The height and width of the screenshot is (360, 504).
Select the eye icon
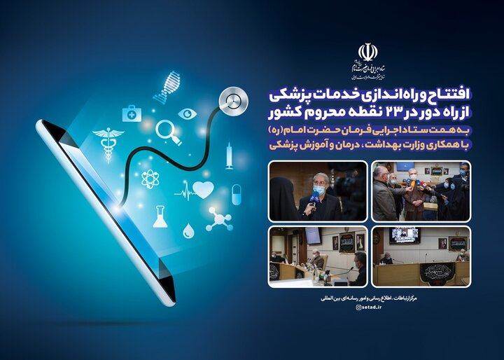tap(187, 113)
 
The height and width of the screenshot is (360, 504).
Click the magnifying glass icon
tap(168, 131)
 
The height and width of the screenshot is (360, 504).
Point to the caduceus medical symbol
tap(108, 141)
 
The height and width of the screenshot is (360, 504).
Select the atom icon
tap(150, 178)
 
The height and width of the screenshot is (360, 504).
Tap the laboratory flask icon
tap(160, 216)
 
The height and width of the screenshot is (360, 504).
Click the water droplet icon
tap(188, 230)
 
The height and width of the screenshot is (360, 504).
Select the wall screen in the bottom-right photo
tap(405, 235)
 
